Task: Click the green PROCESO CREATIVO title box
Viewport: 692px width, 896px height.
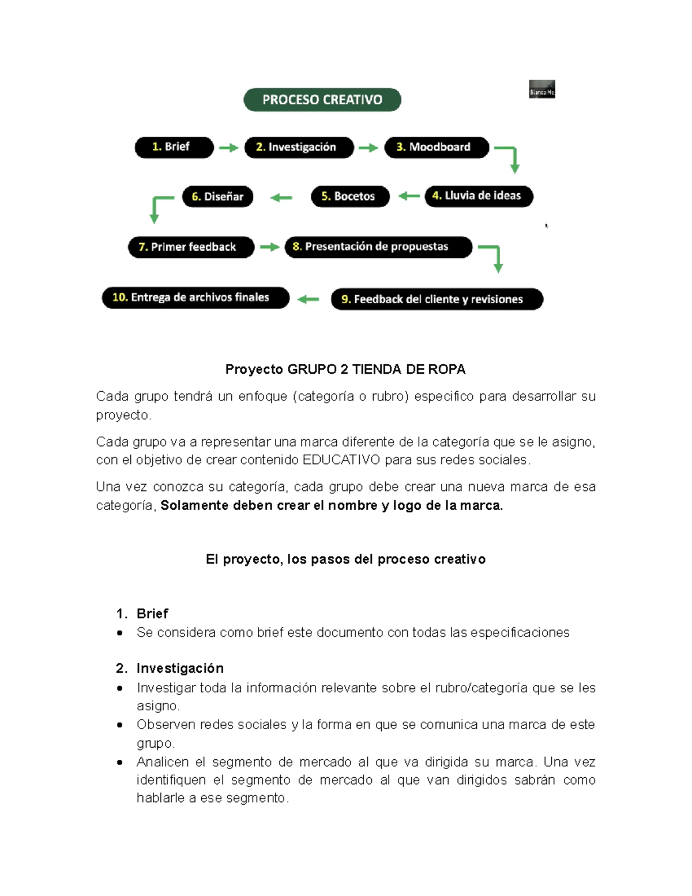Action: point(322,100)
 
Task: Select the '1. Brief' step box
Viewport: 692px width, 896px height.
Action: point(174,147)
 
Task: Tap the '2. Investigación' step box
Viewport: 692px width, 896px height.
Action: point(299,147)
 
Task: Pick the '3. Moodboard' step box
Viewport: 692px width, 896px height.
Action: point(437,147)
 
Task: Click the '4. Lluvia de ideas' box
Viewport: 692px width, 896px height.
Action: point(479,196)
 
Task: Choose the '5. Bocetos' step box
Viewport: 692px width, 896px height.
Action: point(350,196)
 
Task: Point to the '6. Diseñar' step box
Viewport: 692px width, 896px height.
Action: point(218,197)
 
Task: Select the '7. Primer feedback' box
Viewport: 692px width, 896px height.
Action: point(191,247)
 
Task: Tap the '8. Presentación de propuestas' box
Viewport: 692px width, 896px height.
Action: point(378,247)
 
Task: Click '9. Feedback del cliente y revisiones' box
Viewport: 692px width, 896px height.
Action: point(437,299)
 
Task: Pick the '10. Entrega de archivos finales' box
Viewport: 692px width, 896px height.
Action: point(195,298)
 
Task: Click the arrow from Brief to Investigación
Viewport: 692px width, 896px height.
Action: point(229,148)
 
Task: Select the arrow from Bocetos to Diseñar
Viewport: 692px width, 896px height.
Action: point(281,198)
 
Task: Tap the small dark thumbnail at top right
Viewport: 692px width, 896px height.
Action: point(541,89)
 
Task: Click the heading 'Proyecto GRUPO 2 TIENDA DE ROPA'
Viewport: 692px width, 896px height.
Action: point(345,369)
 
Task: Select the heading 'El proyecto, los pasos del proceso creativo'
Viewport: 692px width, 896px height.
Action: point(345,559)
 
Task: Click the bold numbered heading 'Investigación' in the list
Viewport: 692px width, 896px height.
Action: point(180,668)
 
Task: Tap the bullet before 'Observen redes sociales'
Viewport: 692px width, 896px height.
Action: point(120,725)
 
